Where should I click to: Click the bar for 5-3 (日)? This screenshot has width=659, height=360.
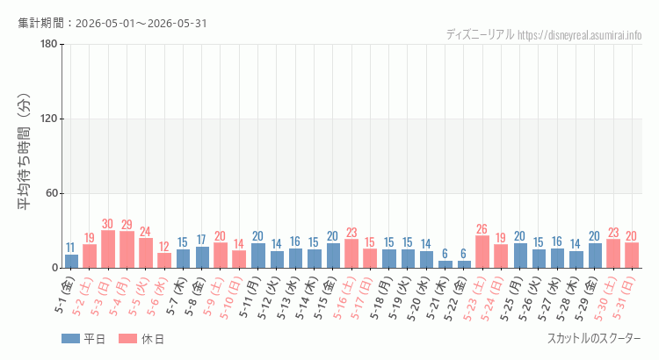tap(108, 249)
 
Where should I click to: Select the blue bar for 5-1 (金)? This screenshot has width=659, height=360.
tap(71, 262)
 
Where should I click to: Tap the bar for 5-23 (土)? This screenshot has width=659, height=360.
tap(482, 252)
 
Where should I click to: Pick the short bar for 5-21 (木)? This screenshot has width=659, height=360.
tap(445, 264)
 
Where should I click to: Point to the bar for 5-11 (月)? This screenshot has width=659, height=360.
tap(258, 256)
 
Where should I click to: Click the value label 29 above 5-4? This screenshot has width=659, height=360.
tap(127, 225)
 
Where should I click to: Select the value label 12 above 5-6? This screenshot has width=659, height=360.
tap(164, 246)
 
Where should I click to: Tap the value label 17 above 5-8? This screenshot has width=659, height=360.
tap(201, 240)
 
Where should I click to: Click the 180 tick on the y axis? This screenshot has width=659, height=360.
tap(48, 44)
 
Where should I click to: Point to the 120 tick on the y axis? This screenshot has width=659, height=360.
tap(48, 119)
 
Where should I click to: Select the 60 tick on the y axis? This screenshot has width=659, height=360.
tap(51, 194)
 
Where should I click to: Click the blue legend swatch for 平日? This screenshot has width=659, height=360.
tap(70, 339)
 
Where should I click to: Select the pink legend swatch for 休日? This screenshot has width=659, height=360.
tap(127, 339)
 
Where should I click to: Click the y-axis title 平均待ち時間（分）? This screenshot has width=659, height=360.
tap(24, 151)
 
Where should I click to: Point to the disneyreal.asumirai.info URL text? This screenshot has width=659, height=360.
tap(580, 35)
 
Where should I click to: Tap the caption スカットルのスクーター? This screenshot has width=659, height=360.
tap(594, 339)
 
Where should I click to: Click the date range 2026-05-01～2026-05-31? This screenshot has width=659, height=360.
tap(141, 23)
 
